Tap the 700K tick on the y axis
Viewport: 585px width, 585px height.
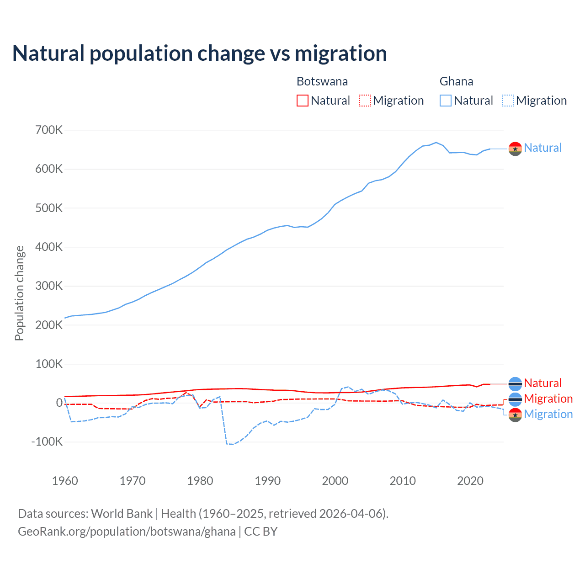[49, 130]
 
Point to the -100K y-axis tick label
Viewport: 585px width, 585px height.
[47, 442]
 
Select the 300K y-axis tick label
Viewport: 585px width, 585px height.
[49, 286]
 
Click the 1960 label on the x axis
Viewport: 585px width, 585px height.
[65, 481]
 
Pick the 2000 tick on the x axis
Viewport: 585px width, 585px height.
[335, 481]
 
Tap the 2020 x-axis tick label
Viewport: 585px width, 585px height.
[470, 481]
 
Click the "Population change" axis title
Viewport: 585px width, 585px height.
[19, 293]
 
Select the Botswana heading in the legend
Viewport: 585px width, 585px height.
[322, 81]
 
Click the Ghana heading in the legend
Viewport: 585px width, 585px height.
[456, 81]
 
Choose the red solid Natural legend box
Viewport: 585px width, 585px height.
[303, 101]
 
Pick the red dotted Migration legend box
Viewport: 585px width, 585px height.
[365, 101]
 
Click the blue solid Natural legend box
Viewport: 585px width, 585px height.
[446, 101]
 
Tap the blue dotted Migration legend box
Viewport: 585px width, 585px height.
[508, 101]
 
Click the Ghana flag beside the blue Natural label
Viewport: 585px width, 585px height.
[515, 149]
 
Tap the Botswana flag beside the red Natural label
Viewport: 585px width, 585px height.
[515, 384]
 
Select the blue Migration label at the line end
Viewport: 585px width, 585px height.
[548, 414]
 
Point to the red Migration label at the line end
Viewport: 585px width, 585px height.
[548, 399]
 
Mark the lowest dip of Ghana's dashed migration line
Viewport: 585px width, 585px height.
[232, 444]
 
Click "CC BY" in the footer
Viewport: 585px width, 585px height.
[261, 532]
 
